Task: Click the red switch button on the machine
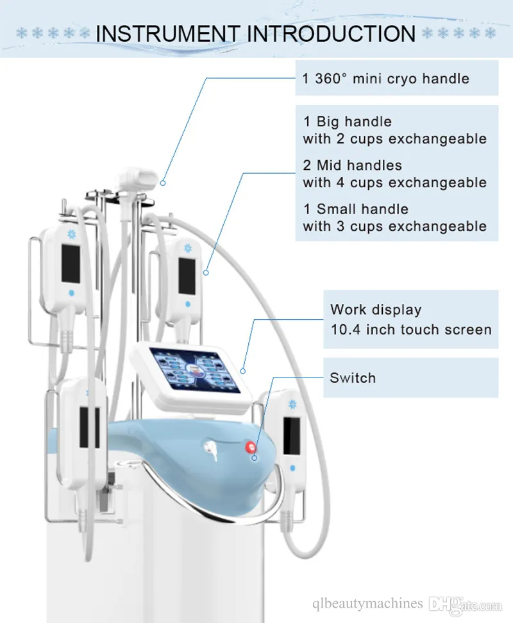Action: tap(251, 447)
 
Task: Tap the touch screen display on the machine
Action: tap(195, 370)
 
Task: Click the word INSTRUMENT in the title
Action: tap(168, 33)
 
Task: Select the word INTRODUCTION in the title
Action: tap(331, 33)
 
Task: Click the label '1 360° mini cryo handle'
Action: tap(385, 79)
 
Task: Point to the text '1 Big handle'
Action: tap(348, 122)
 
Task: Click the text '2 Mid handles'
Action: tap(353, 165)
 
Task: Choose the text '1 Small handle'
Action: tap(356, 209)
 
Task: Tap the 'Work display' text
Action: tap(376, 310)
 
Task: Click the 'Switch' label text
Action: tap(353, 378)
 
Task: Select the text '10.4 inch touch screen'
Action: tap(411, 329)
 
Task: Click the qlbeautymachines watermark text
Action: tap(367, 604)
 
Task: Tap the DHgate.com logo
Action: tap(466, 604)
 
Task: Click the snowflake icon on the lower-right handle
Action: tap(292, 404)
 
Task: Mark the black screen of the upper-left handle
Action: tap(71, 263)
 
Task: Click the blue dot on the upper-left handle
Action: tap(72, 293)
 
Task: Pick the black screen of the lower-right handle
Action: tap(292, 436)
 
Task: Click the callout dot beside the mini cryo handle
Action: tap(163, 183)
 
